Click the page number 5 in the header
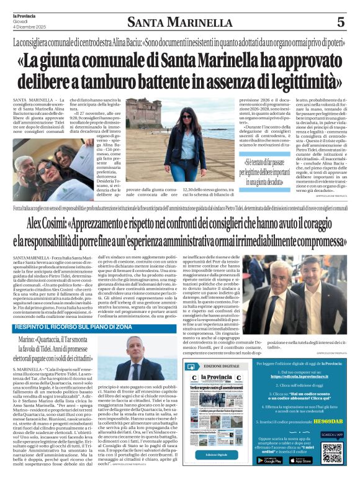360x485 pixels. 340,22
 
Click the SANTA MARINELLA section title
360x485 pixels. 179,23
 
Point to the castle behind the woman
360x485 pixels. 144,110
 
